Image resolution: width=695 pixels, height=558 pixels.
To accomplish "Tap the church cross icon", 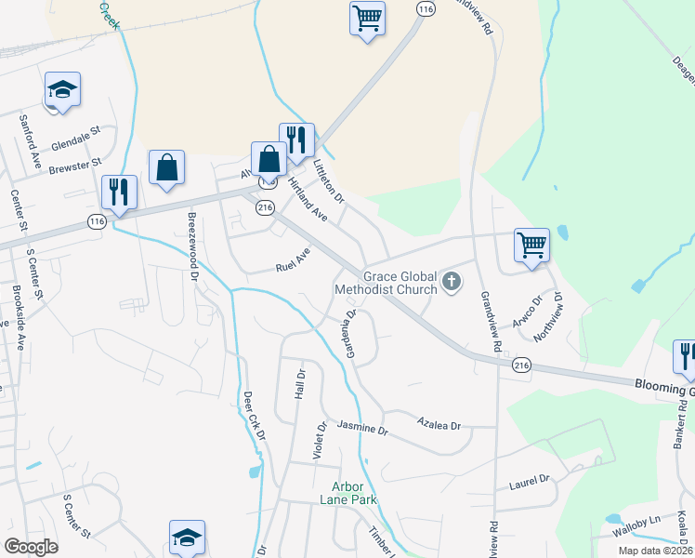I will (451, 281).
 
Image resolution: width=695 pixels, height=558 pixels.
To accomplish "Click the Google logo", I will (31, 546).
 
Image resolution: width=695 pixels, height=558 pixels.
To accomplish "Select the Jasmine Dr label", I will (361, 429).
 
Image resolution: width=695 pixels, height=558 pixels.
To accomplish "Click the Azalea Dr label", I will (439, 424).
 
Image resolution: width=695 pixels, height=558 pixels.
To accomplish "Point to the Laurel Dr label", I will (530, 483).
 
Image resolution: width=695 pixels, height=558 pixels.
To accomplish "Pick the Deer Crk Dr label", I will (255, 415).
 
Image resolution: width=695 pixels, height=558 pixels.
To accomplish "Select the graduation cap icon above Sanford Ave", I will (62, 90).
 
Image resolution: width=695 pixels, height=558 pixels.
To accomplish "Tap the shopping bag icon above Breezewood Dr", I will (166, 167).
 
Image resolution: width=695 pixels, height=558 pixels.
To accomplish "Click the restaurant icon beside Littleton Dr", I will (296, 140).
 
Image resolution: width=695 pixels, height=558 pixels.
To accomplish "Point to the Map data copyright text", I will (655, 551).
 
